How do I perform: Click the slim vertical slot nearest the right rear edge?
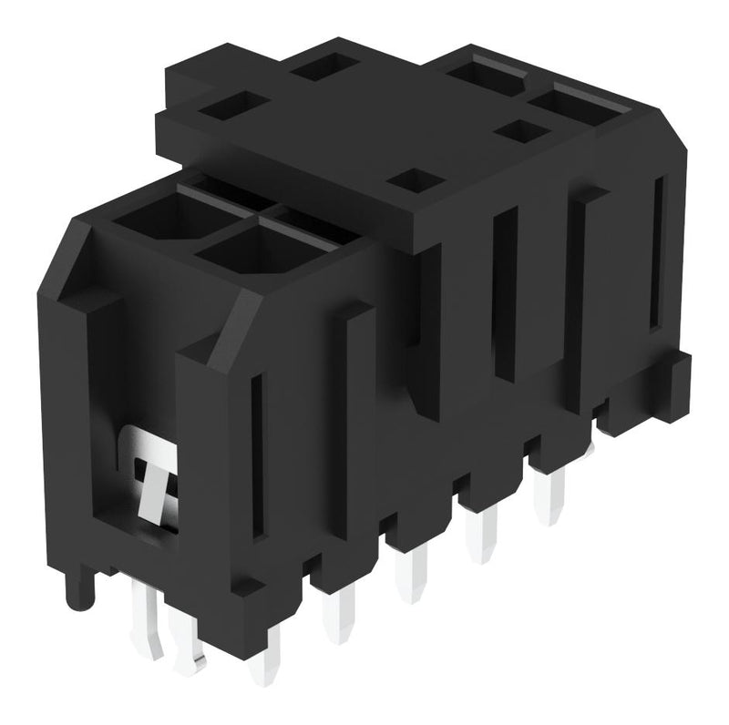click(654, 255)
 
